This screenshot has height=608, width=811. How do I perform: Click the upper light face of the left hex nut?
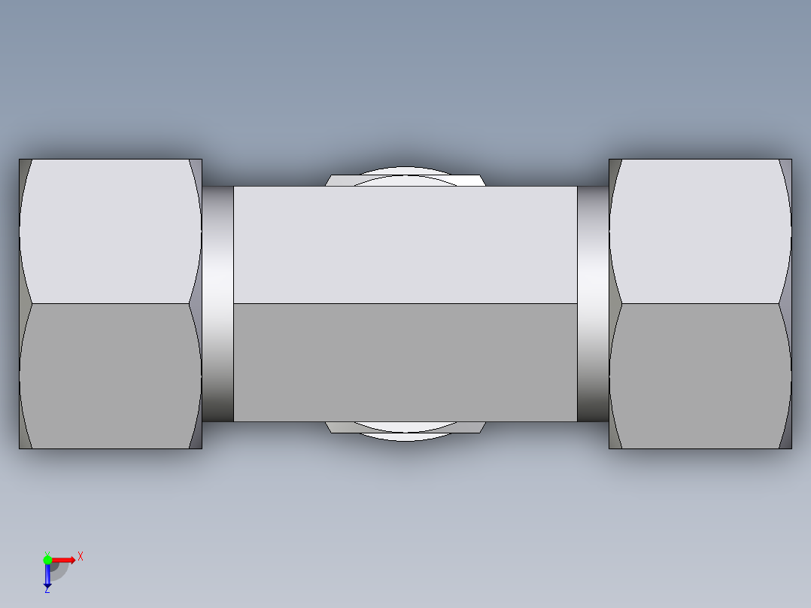(110, 231)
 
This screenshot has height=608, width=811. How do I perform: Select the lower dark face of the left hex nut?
(110, 376)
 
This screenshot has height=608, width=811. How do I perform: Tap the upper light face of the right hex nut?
(700, 231)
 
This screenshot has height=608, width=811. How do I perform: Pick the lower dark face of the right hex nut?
(700, 376)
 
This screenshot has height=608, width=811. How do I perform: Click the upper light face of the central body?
(405, 245)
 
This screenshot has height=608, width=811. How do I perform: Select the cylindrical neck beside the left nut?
(217, 304)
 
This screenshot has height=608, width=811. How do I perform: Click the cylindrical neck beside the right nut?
(593, 304)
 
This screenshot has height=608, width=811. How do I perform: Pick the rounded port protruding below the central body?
(405, 430)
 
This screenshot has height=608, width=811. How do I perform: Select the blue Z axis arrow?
(47, 576)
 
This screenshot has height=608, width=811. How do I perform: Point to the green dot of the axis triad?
(47, 559)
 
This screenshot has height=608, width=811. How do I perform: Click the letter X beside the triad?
(80, 557)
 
